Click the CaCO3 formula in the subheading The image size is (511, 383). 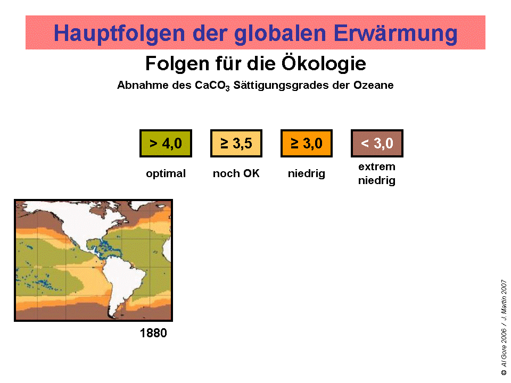[213, 86]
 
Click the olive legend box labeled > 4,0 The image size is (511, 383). [166, 144]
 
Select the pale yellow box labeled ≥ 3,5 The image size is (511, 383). [236, 144]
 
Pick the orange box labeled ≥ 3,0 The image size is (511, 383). [307, 144]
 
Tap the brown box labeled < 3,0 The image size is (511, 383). [377, 144]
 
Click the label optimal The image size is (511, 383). [166, 174]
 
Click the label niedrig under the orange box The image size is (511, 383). [307, 174]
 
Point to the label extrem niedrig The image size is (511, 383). [377, 174]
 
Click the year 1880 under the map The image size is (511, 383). [153, 334]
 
